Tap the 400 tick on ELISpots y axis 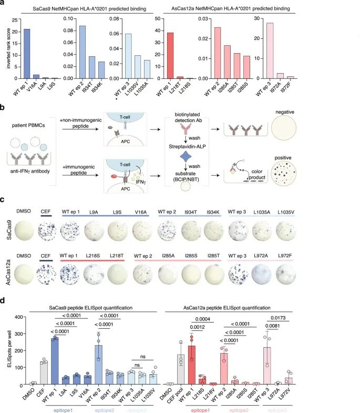(19, 317)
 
